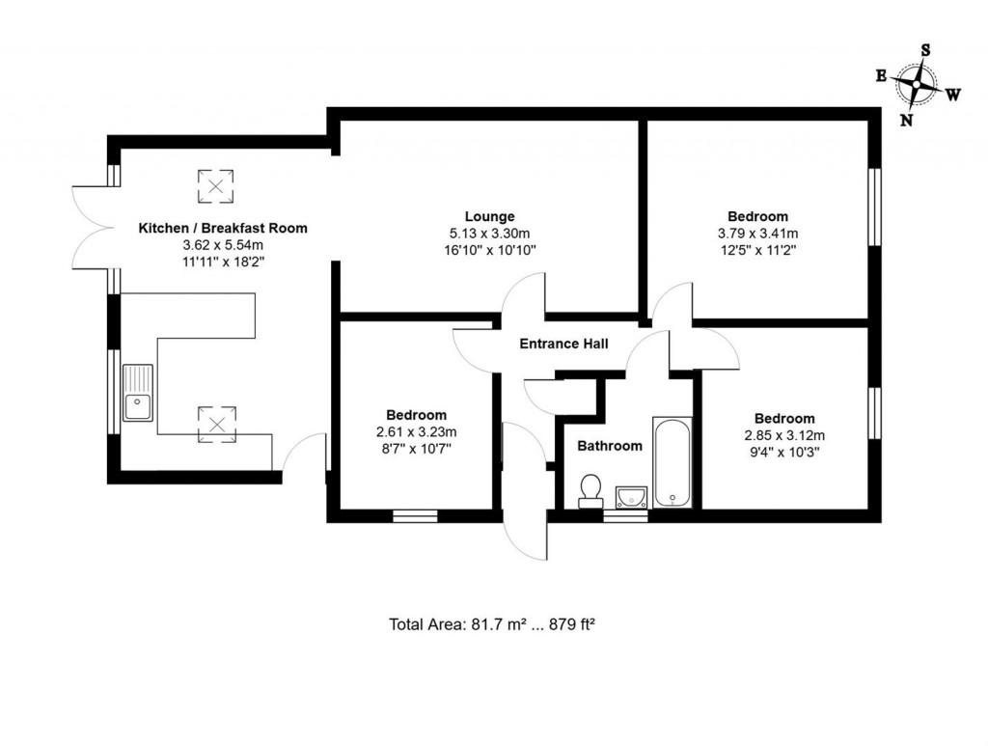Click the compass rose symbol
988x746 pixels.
coord(916,84)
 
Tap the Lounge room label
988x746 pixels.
coord(489,216)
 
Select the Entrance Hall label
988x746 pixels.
coord(563,344)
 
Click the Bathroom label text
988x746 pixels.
coord(610,446)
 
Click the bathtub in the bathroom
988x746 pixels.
coord(672,462)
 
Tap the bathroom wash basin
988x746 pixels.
coord(632,496)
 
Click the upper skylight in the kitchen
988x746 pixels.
coord(216,185)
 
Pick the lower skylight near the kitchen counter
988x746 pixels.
coord(216,421)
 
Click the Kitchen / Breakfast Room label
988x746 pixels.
coord(223,229)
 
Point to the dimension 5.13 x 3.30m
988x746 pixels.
coord(489,233)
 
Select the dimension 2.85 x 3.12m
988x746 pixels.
coord(783,435)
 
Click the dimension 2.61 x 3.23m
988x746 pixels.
coord(417,431)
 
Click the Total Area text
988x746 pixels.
coord(491,623)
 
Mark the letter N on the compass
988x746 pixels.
coord(906,120)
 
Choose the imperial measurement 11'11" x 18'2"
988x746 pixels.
coord(223,262)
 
